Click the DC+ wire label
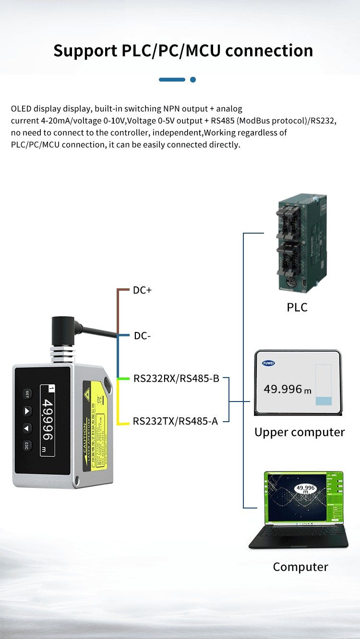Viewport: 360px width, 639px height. [142, 290]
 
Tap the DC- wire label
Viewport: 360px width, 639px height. [143, 336]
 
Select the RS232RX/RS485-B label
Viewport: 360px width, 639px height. [176, 379]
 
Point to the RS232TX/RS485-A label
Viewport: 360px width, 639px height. [175, 421]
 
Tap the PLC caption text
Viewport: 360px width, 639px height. [297, 308]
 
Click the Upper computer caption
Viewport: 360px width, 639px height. [300, 432]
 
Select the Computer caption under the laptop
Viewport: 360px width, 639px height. [300, 567]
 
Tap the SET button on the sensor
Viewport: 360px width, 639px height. [27, 394]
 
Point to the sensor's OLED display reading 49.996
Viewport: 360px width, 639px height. [48, 420]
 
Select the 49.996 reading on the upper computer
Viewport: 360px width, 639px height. [284, 389]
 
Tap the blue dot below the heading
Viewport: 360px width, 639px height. [193, 80]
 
